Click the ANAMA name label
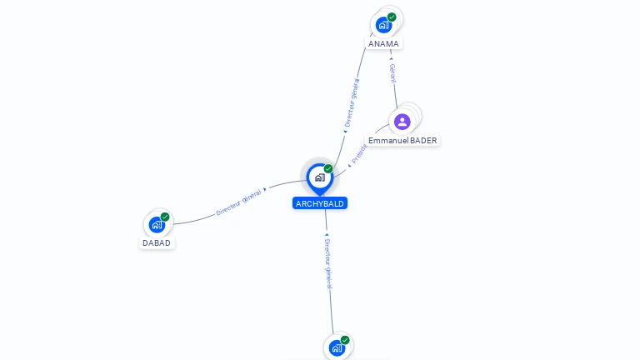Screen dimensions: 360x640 click(x=383, y=43)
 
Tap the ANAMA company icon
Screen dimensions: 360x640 click(x=383, y=25)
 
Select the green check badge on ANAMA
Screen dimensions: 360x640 click(x=392, y=17)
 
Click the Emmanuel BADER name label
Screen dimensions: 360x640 click(x=402, y=141)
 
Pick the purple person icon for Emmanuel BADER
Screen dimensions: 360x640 click(x=402, y=122)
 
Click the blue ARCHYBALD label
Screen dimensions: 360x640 click(x=320, y=203)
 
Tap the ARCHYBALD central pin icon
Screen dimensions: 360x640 click(x=319, y=177)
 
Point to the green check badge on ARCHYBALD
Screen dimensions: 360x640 click(x=328, y=169)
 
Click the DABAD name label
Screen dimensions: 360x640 click(x=157, y=243)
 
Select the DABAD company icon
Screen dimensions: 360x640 click(x=156, y=224)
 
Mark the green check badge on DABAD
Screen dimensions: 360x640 click(x=165, y=217)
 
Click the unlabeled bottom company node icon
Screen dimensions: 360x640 click(x=337, y=348)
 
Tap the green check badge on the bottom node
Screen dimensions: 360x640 click(x=345, y=340)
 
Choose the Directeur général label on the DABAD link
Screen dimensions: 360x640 click(x=239, y=202)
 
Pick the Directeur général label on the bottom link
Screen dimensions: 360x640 click(x=328, y=262)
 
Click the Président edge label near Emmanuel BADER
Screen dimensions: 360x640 click(x=359, y=154)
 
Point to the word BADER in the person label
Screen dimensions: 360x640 click(x=423, y=141)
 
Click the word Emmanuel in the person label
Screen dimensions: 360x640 click(x=388, y=141)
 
